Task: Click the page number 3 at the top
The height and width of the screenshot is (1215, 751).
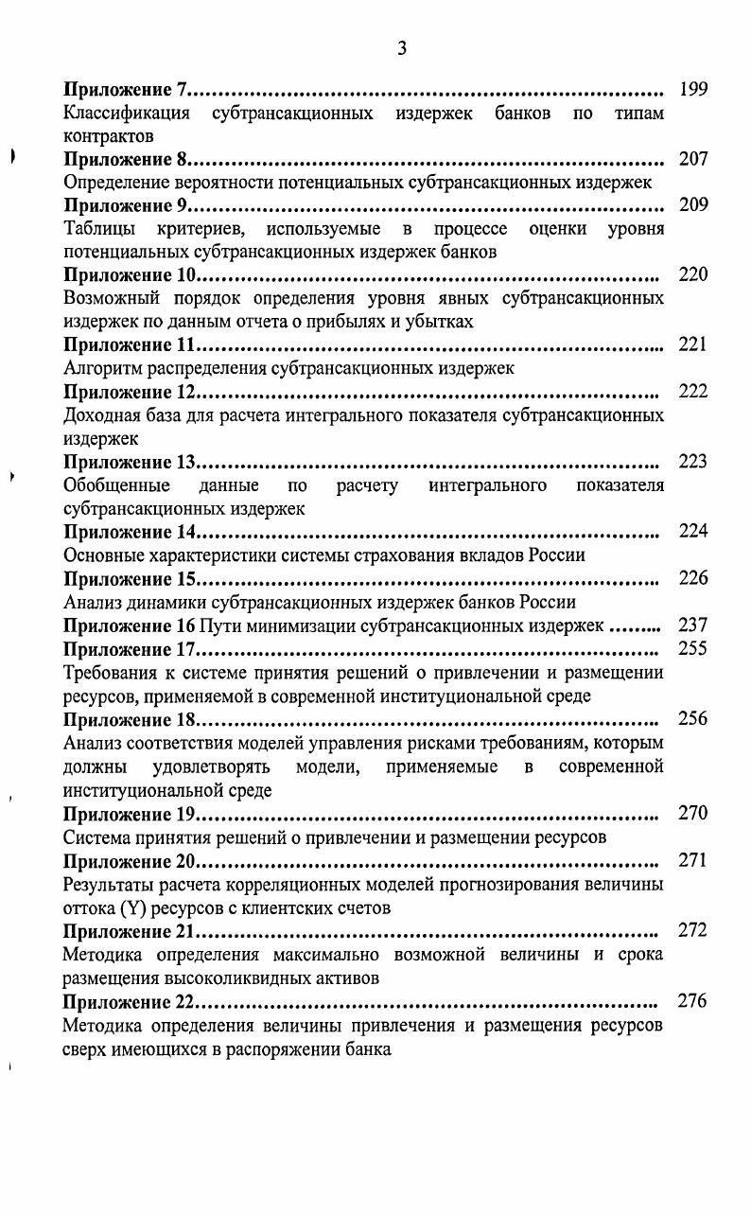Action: [402, 48]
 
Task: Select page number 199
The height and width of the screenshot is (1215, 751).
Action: [693, 90]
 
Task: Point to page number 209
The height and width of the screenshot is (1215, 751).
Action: [693, 205]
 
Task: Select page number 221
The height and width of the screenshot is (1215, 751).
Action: [693, 344]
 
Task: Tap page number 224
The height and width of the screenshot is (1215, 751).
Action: [693, 531]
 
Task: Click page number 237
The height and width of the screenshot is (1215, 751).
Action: [693, 625]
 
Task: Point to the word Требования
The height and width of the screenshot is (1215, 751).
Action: [110, 673]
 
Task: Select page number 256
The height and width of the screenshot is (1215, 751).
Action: [693, 718]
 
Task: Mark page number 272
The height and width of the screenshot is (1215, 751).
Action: [693, 930]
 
